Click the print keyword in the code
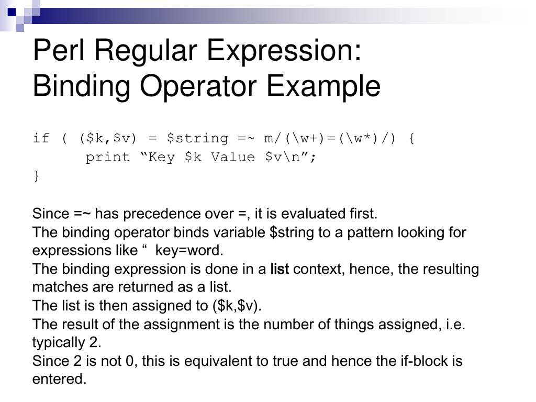pos(107,157)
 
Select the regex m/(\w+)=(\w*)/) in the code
pos(330,139)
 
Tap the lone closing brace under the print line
pos(36,176)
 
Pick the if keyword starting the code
pos(41,139)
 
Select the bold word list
pos(280,270)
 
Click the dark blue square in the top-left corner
pos(12,10)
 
